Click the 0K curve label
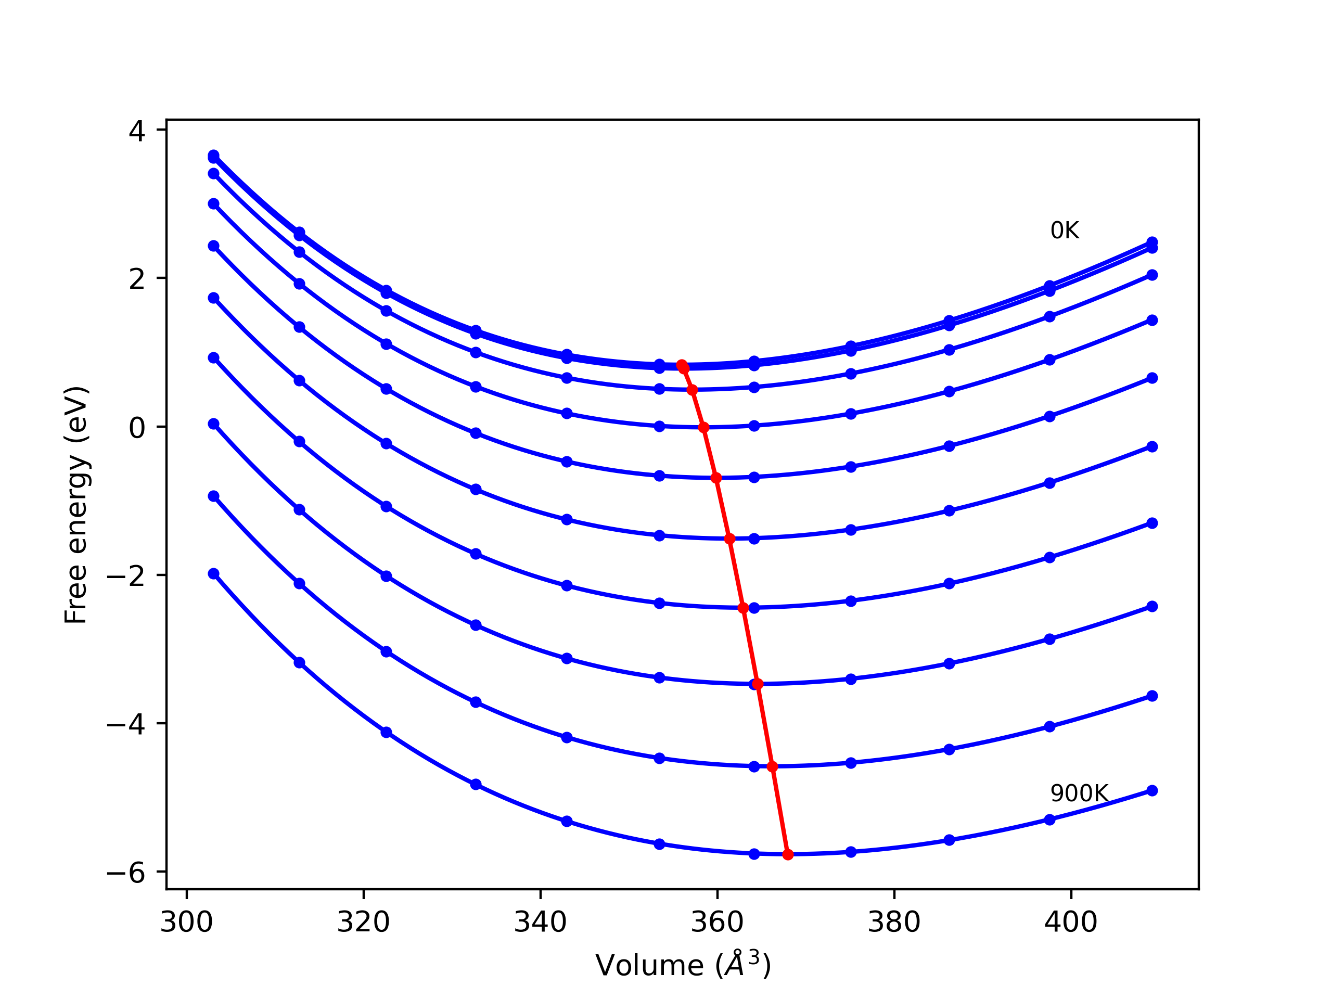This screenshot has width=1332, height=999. tap(1065, 230)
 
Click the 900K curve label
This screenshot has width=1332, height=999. tap(1079, 793)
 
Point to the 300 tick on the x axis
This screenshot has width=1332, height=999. tap(187, 922)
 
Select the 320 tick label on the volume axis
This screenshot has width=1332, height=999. tap(363, 922)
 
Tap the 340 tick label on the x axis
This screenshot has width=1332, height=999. tap(540, 922)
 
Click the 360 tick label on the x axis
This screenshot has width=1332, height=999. tap(717, 922)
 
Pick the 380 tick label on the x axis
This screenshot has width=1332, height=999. tap(893, 922)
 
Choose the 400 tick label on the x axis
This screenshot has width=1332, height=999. tap(1071, 922)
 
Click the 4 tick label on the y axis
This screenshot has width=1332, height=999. tap(137, 131)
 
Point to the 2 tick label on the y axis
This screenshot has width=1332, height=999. tap(137, 279)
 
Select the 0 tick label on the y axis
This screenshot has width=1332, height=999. tap(137, 428)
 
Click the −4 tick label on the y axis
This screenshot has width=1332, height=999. tap(126, 724)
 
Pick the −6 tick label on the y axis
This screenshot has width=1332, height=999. tap(126, 873)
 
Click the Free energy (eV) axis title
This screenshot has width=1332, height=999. tap(76, 505)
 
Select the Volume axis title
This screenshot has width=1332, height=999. tap(683, 965)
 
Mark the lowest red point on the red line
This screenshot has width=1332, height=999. tap(788, 854)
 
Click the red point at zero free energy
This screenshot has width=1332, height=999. tap(703, 428)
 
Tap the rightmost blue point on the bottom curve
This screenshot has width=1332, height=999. tap(1152, 791)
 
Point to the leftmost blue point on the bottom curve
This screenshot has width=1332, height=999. tap(214, 574)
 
